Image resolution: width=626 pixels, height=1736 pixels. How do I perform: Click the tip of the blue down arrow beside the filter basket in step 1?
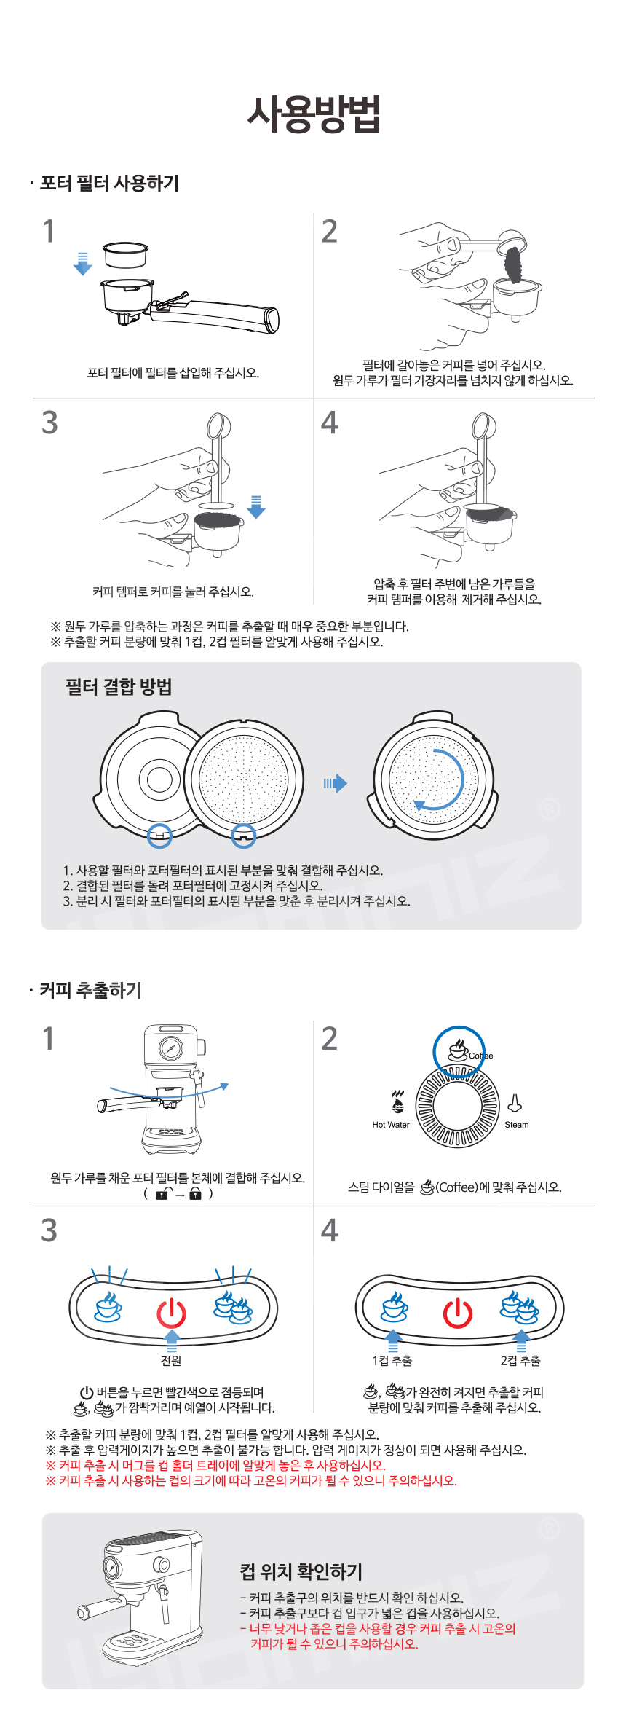(83, 275)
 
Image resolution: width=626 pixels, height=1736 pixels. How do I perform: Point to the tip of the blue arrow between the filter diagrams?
(347, 783)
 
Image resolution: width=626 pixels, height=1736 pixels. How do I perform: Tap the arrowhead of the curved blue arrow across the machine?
(228, 1085)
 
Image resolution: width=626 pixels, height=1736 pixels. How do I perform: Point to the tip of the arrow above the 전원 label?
(172, 1330)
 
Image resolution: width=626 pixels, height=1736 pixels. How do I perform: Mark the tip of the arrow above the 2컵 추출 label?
(521, 1330)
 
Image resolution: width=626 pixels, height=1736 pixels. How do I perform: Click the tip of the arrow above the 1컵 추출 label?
(393, 1330)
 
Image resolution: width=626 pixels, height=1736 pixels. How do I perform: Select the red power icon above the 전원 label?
(172, 1312)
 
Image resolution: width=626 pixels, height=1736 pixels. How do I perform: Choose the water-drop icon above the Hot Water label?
(397, 1102)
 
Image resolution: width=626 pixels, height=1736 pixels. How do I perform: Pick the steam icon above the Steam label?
(515, 1103)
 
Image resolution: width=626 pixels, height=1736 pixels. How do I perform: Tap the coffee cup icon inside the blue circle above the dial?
(458, 1050)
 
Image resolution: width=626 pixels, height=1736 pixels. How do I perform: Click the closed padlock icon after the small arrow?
(195, 1193)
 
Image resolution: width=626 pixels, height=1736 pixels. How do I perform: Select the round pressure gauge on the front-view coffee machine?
(170, 1048)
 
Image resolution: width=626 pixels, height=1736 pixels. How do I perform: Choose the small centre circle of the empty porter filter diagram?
(159, 779)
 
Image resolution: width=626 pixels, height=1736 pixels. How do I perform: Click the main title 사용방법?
(314, 114)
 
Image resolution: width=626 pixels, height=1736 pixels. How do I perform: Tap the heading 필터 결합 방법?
(119, 687)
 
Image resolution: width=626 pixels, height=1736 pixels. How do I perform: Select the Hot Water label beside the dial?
(391, 1125)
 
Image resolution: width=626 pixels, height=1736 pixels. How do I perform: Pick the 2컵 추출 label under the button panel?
(520, 1361)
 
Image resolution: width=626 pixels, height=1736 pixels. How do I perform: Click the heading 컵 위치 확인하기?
(301, 1572)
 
